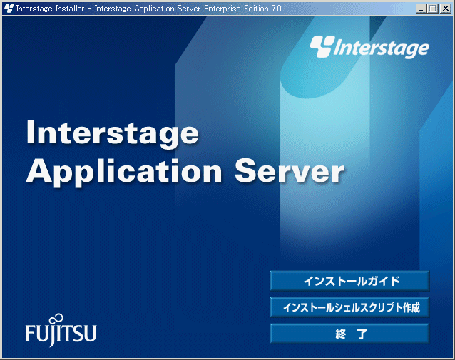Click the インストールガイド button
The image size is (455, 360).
(349, 281)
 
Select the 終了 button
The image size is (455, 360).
(349, 334)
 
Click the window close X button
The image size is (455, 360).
(446, 9)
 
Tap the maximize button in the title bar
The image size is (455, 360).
(432, 9)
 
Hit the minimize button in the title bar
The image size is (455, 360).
(421, 9)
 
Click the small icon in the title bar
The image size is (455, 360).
(9, 9)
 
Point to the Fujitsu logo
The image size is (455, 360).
(61, 330)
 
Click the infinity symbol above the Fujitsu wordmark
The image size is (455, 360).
(56, 319)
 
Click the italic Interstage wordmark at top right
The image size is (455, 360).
(382, 48)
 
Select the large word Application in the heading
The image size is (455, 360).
(124, 171)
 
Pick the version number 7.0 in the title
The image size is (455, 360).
(277, 9)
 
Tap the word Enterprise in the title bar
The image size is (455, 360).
(223, 9)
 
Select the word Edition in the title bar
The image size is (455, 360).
(256, 9)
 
